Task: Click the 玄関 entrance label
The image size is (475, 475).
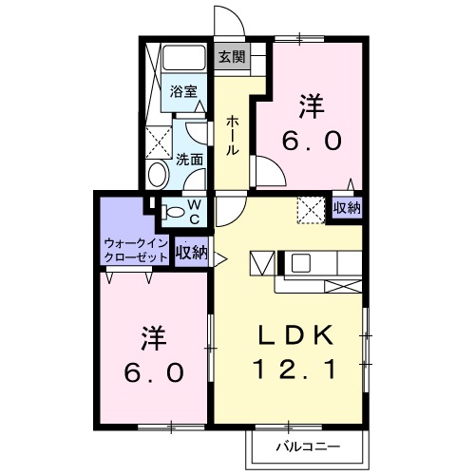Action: coord(232,56)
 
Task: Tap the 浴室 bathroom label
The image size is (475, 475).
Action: coord(184,91)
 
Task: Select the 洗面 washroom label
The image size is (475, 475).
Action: coord(190,159)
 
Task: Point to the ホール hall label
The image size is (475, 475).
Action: coord(232,135)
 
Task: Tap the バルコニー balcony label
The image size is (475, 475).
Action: coord(301,445)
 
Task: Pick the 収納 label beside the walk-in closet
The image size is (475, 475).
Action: coord(192,253)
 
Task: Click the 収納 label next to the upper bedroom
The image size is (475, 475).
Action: coord(346,208)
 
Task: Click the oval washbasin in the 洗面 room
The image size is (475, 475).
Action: coord(158,174)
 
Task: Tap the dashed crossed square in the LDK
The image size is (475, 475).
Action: coord(311,208)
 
